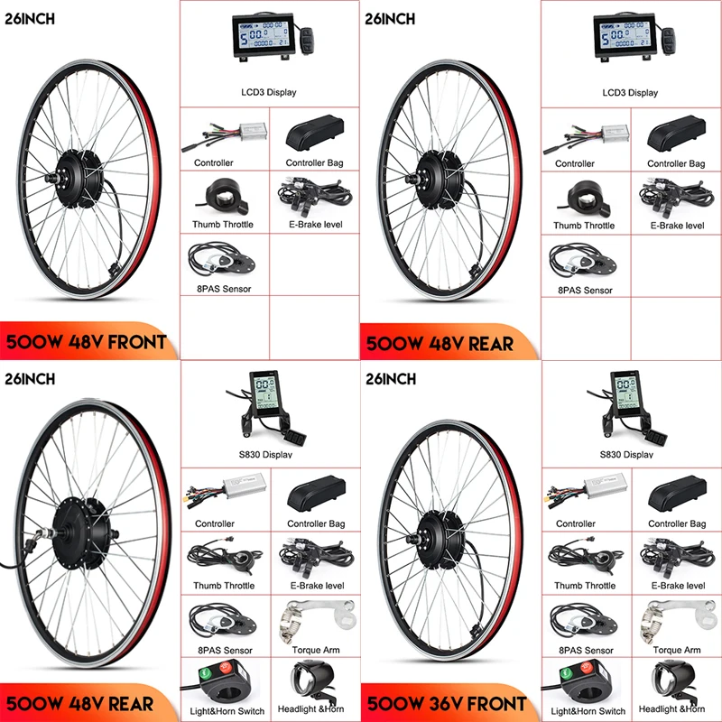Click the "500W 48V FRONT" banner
(88, 342)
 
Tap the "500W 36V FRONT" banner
(445, 702)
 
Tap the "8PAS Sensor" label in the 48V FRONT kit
(222, 289)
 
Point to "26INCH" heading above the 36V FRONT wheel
(391, 380)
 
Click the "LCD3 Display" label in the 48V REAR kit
(629, 92)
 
